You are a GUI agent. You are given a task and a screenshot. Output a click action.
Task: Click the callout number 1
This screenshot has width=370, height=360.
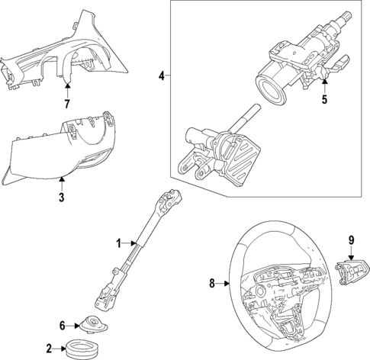tap(118, 243)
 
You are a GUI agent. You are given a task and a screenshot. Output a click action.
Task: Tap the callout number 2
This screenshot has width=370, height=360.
tap(49, 349)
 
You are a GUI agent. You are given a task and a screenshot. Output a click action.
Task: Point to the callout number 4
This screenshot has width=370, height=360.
tap(161, 76)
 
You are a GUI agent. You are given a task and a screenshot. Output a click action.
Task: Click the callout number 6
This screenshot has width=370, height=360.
tap(63, 324)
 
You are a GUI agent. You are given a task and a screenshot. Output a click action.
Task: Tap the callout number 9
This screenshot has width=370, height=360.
tap(352, 240)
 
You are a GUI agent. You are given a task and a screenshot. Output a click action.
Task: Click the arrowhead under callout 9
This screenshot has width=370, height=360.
tap(352, 253)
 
